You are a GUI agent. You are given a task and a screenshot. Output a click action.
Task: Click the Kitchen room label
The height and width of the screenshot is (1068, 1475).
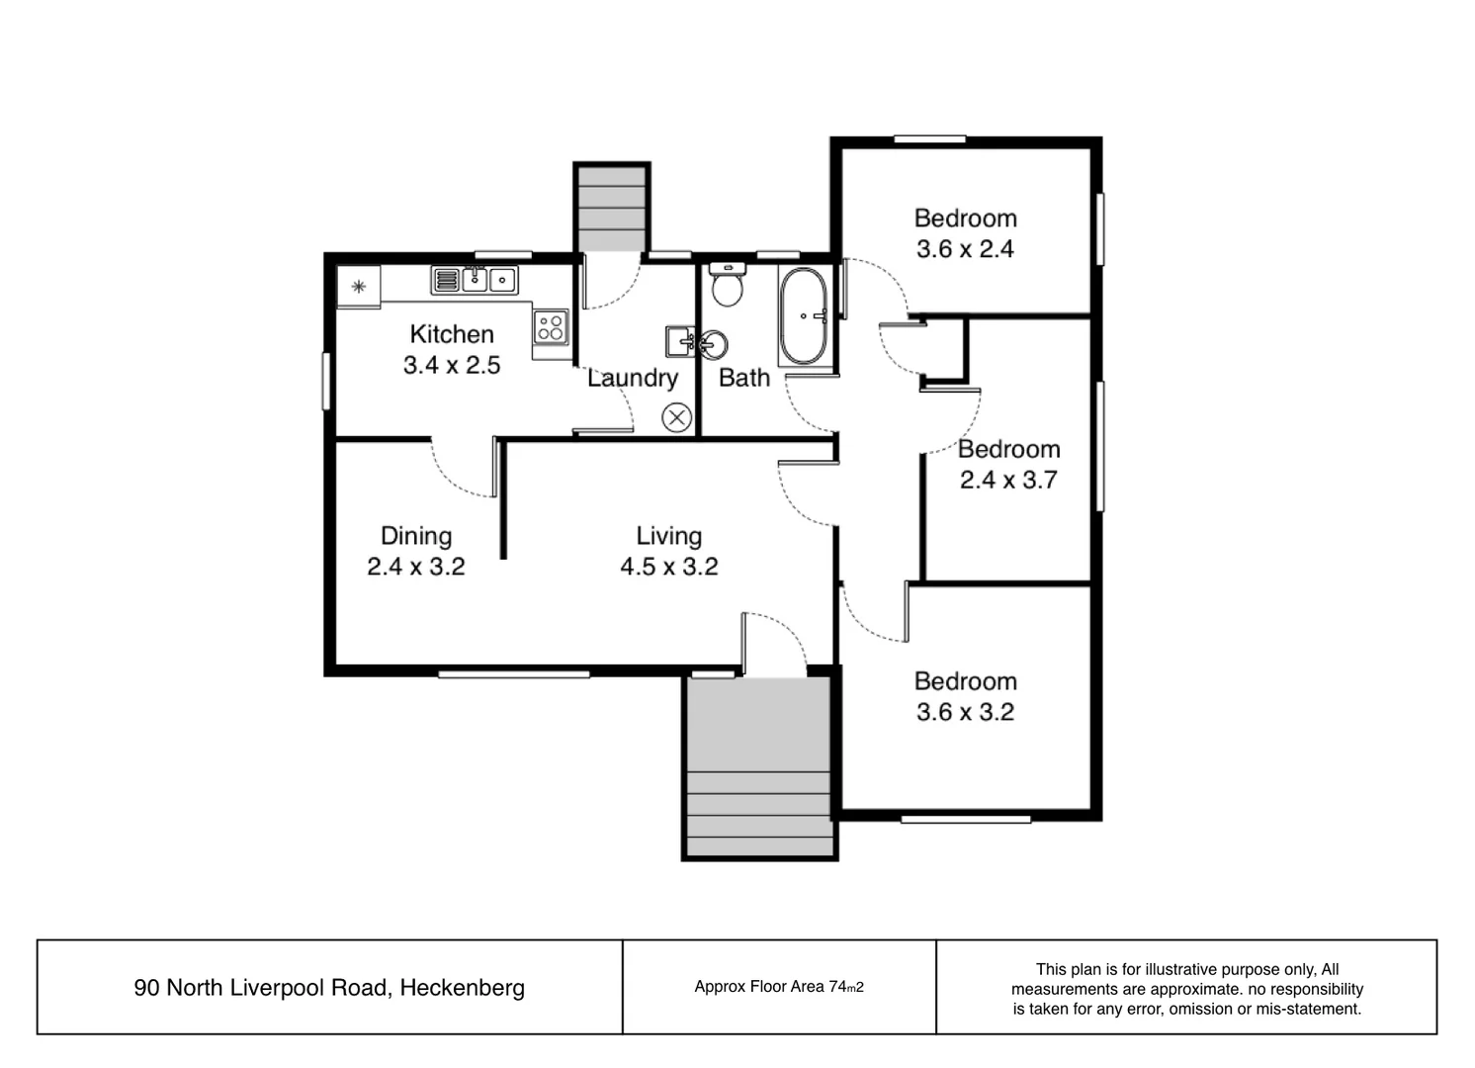pos(452,334)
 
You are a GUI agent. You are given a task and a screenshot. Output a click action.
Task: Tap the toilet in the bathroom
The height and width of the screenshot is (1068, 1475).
pos(728,287)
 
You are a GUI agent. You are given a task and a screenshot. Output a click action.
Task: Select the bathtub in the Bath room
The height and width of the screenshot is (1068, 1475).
pos(804,316)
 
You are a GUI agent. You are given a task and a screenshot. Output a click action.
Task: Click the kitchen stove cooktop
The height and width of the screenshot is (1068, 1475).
pos(551,326)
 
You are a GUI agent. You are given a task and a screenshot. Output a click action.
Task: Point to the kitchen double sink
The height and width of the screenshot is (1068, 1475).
pos(475,280)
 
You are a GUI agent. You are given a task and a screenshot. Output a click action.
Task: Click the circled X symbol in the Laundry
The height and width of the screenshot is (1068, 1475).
pos(676,418)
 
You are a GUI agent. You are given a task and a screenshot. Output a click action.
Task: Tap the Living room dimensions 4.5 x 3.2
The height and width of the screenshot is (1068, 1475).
pos(668,567)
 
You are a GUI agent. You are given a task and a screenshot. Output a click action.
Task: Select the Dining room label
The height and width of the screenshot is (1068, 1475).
pos(416,536)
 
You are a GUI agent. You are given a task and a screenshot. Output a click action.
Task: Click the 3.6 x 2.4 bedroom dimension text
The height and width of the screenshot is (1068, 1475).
pos(965,249)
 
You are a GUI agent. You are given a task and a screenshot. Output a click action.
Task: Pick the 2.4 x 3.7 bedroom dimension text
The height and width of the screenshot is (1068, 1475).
pos(1008,481)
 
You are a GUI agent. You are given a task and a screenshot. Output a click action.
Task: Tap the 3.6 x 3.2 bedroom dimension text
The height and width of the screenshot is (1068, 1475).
pos(965,712)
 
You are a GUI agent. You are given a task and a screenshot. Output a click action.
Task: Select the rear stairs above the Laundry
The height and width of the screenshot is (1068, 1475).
pos(612,209)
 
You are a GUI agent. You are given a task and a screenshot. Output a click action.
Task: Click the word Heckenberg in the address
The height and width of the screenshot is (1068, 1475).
pos(462,988)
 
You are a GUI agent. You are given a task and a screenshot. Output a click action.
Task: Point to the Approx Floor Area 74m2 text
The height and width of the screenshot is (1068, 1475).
pos(779,987)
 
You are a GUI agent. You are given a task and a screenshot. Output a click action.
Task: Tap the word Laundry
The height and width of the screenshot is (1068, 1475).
pos(633,378)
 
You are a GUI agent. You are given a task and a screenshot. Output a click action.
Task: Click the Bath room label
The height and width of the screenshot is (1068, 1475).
pos(744,378)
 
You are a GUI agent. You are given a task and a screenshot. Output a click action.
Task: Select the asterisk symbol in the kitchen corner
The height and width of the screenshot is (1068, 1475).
pos(359,287)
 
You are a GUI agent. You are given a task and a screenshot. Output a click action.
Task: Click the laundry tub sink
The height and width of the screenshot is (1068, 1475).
pos(680,342)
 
